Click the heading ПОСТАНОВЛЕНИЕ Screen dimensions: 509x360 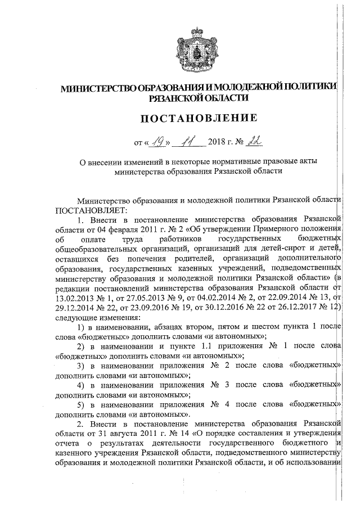pyautogui.click(x=195, y=118)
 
